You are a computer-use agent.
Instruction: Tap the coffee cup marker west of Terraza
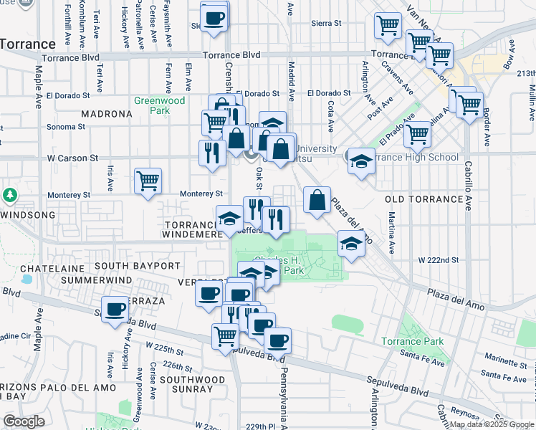tap(115, 310)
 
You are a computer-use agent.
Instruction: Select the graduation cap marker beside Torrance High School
tap(361, 161)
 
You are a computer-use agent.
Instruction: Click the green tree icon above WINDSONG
tap(9, 195)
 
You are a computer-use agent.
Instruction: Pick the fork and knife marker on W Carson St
tap(211, 153)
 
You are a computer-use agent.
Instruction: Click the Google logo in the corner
tap(24, 421)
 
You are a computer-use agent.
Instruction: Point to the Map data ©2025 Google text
tap(492, 424)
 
